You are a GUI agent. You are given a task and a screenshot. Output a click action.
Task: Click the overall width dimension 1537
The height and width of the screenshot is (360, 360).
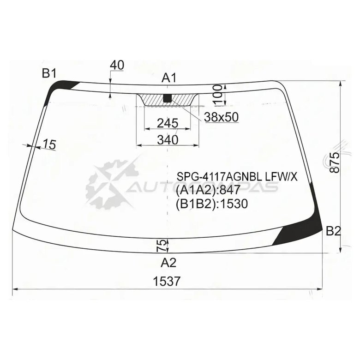pos(167,281)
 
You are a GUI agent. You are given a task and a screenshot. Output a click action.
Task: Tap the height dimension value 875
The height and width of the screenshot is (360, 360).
pos(335,162)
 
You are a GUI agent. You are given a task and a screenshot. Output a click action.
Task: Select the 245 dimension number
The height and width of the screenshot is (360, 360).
pos(168,123)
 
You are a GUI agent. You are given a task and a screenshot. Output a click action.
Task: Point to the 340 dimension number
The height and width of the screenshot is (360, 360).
pos(168,139)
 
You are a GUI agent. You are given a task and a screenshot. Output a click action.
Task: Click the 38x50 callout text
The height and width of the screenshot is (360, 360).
pos(222,117)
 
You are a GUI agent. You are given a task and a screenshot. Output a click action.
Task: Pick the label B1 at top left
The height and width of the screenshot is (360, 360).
pos(49,73)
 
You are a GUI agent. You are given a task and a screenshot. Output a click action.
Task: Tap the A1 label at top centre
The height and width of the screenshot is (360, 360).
pos(169,78)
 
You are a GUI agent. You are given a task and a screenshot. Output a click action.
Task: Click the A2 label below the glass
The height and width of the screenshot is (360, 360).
pos(168,263)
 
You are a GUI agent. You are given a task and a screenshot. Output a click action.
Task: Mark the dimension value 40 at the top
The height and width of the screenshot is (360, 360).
pos(117,65)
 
